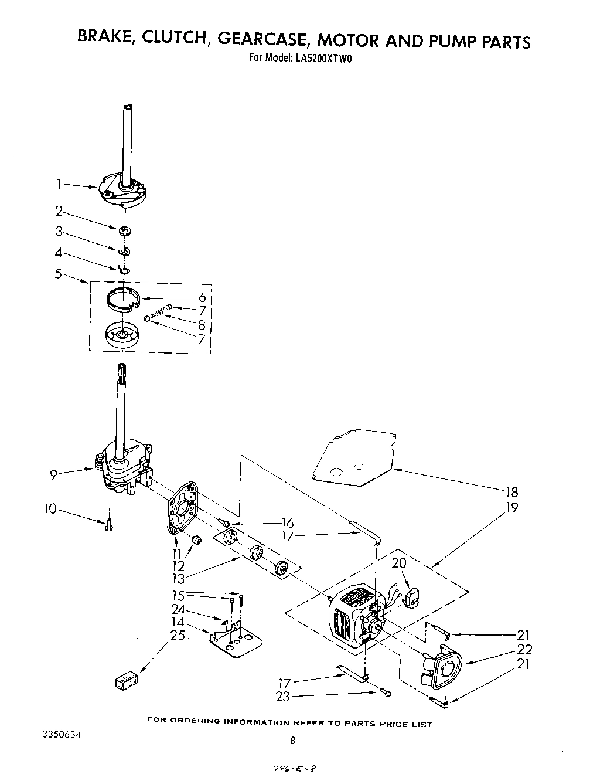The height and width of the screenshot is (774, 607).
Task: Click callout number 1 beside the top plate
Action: coord(59,184)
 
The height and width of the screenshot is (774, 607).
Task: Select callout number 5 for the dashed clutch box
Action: coord(59,273)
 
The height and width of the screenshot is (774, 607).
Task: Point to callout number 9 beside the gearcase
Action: coord(54,475)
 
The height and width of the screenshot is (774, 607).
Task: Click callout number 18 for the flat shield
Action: coord(511,492)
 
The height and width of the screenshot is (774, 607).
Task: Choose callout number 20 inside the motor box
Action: coord(400,563)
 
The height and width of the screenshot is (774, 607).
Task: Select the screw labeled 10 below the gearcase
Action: coord(109,525)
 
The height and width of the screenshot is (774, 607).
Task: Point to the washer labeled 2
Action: coord(124,230)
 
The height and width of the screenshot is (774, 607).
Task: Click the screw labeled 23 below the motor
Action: coord(386,694)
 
